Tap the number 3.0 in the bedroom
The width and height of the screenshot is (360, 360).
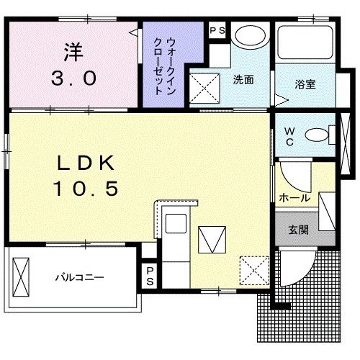(x=72, y=78)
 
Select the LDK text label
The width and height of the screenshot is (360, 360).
(x=83, y=162)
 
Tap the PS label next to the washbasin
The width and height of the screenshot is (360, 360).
(x=217, y=32)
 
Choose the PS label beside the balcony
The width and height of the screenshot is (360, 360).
(x=150, y=276)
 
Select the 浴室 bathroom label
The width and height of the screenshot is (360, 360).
(x=304, y=84)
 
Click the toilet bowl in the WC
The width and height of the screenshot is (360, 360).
(x=317, y=134)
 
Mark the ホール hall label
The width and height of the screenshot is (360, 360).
(x=294, y=197)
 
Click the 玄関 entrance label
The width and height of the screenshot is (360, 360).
(x=300, y=230)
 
